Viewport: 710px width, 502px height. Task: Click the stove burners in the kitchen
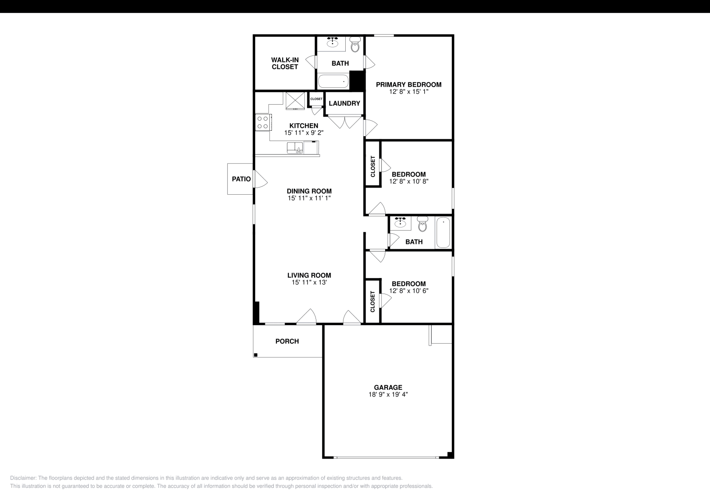tap(262, 122)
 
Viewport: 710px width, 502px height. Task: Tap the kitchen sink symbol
tap(295, 147)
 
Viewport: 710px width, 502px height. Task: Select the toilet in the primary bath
tap(355, 45)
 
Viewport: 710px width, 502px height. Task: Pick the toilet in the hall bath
tap(422, 225)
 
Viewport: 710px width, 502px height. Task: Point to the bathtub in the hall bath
tap(443, 232)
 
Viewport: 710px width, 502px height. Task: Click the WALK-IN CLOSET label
tap(285, 63)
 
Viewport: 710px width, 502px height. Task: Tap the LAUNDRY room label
tap(344, 103)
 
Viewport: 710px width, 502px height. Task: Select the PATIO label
tap(241, 179)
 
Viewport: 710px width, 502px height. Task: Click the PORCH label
tap(287, 341)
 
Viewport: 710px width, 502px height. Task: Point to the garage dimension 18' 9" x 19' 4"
tap(388, 394)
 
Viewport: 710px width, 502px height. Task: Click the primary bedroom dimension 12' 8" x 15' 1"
tap(409, 92)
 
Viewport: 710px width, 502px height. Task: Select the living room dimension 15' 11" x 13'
tap(309, 282)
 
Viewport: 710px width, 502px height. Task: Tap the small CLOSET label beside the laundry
tap(316, 99)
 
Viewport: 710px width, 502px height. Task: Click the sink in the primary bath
tap(333, 42)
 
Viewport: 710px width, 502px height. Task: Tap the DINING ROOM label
tap(309, 191)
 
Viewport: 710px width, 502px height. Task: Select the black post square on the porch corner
tap(256, 355)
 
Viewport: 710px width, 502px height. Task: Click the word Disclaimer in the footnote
tap(23, 478)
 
